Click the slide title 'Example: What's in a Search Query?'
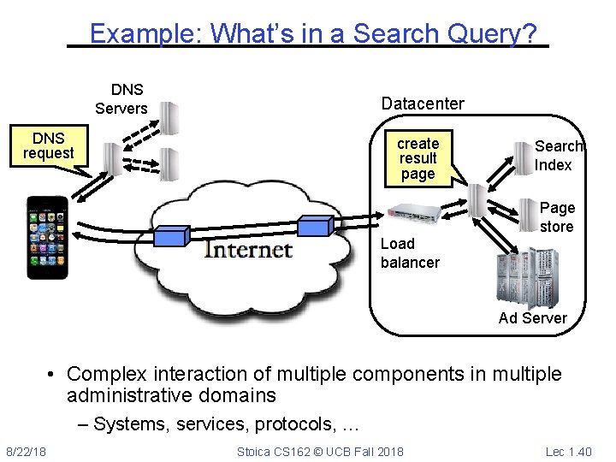[313, 33]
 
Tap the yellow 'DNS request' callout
[48, 145]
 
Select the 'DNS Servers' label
[121, 99]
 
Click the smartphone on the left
[46, 238]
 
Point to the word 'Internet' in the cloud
[248, 249]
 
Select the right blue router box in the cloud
[314, 225]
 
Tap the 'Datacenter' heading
[423, 104]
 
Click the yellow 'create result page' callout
[418, 158]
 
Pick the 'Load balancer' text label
[410, 253]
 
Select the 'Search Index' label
[558, 156]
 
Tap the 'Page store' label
[557, 217]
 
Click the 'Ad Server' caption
[532, 318]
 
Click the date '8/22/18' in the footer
[27, 451]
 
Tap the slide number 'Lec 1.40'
[568, 451]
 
